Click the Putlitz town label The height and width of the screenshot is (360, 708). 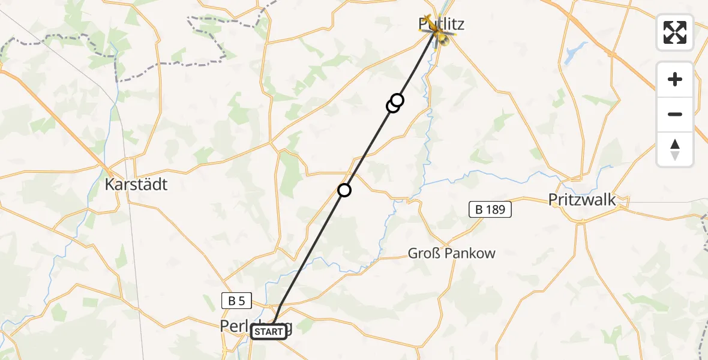[442, 24]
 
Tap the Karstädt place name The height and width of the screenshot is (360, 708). [136, 184]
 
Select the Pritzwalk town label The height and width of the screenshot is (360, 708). [582, 200]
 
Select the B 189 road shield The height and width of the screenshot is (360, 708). [490, 209]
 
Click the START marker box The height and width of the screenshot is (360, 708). [269, 332]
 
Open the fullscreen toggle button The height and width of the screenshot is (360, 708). [675, 32]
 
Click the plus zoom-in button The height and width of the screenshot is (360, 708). [675, 79]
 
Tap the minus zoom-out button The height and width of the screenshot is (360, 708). [675, 114]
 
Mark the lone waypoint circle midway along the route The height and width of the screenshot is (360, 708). [344, 190]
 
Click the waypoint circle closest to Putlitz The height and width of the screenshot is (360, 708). [397, 100]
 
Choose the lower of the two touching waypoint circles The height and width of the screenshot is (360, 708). [392, 106]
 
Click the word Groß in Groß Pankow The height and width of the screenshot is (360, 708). [422, 253]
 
